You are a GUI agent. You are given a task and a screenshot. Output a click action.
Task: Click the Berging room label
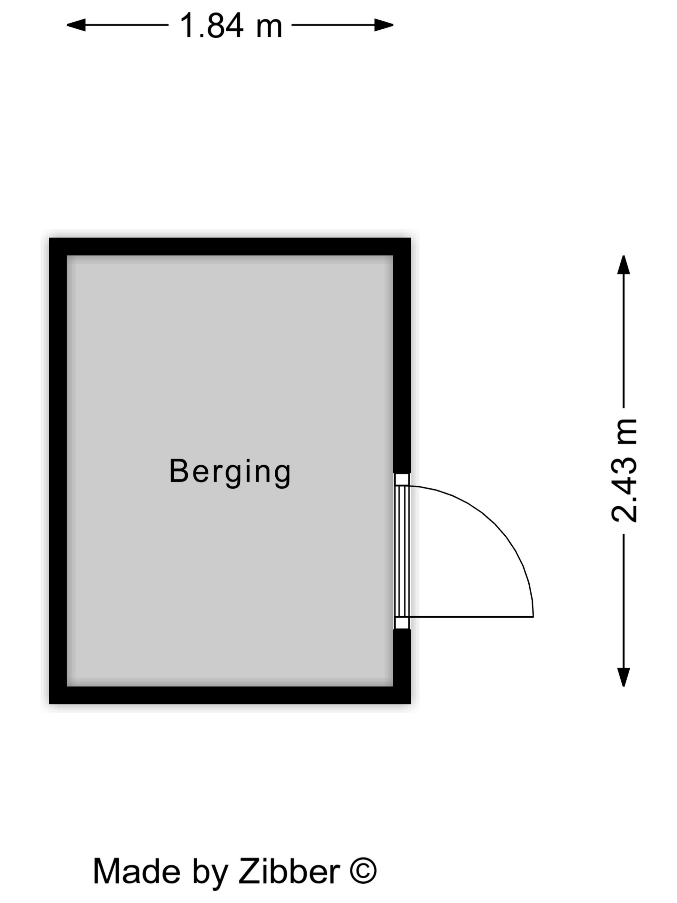pos(230,471)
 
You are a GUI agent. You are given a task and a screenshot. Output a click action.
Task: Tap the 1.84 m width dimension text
pos(231,26)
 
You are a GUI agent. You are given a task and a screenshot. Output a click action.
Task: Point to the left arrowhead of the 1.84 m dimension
pos(76,25)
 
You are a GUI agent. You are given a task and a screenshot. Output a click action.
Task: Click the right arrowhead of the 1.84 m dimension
pos(384,25)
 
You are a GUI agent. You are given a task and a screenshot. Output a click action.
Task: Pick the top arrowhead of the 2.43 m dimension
pos(623,265)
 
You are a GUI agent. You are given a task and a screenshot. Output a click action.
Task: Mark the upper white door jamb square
pos(402,480)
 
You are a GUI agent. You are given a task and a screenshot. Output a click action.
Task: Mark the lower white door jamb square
pos(402,623)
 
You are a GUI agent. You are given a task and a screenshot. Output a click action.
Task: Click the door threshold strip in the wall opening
pos(402,551)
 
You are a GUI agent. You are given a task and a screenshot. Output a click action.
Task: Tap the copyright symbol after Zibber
pos(363,870)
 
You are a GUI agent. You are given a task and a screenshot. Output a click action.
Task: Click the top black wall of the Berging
pos(230,247)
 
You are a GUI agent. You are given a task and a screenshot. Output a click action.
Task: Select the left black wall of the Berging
pos(58,470)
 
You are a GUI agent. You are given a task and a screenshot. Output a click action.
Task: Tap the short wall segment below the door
pos(402,657)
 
